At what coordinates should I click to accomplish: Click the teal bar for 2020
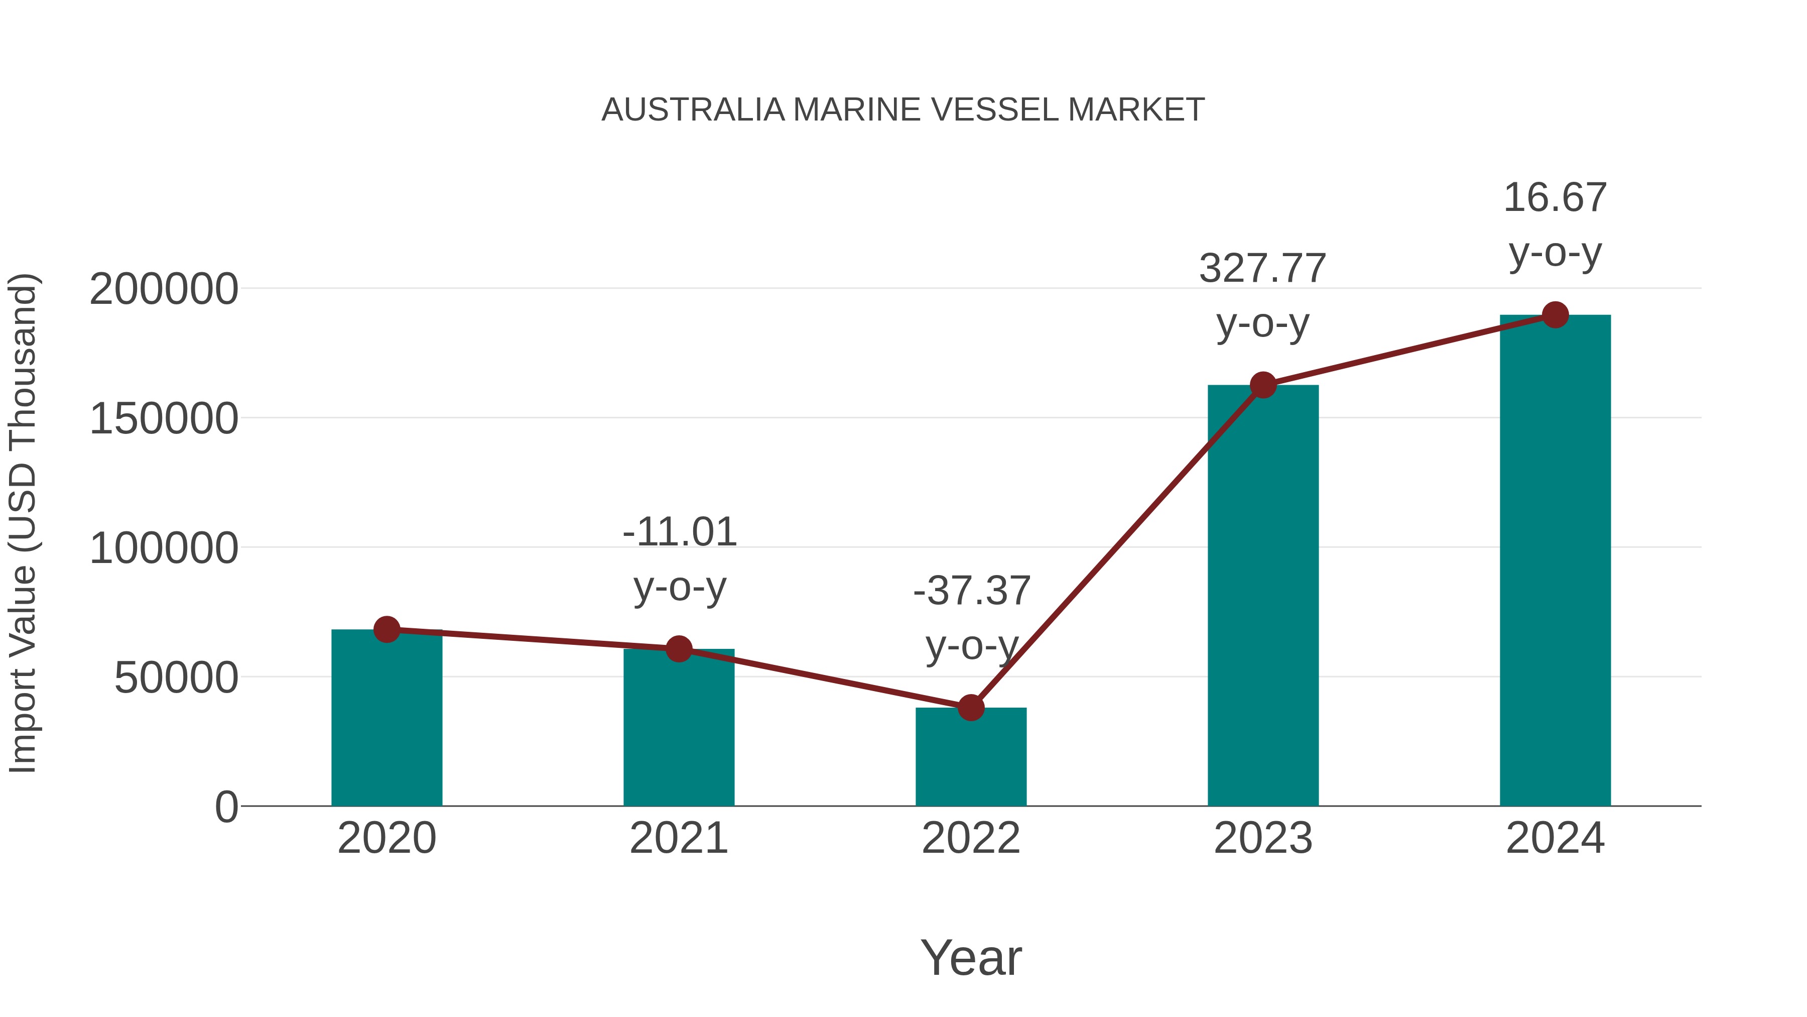click(x=386, y=723)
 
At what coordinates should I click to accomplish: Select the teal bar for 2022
click(x=971, y=761)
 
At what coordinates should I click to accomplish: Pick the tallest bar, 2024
click(x=1555, y=561)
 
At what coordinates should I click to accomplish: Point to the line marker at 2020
click(x=386, y=630)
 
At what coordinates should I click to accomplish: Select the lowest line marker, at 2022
click(x=971, y=708)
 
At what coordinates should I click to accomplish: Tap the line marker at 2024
click(x=1555, y=315)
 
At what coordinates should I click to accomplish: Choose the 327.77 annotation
click(x=1263, y=269)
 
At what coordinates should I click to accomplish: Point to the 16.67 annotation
click(x=1555, y=198)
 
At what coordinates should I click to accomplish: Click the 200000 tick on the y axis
click(x=164, y=289)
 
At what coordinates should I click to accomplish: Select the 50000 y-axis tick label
click(x=176, y=678)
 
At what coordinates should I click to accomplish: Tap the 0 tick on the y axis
click(x=226, y=807)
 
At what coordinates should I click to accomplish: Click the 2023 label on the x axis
click(x=1263, y=838)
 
